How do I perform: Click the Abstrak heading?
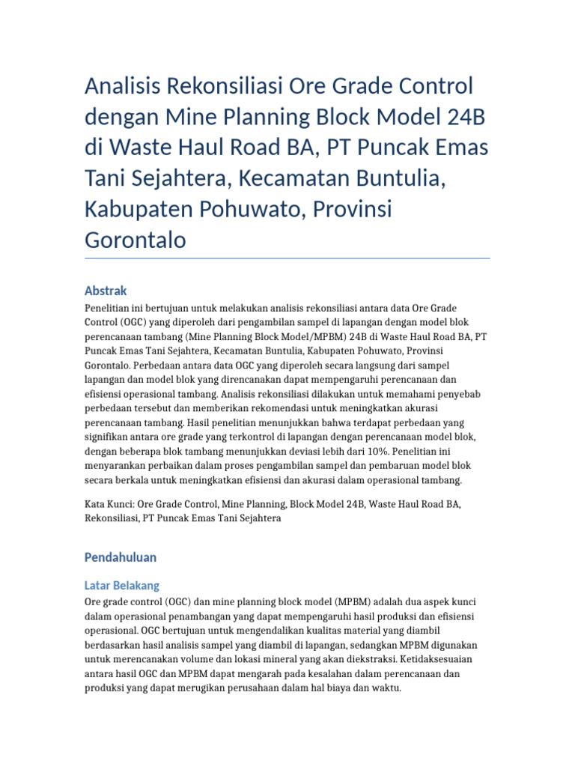(x=106, y=291)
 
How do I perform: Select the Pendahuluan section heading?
(x=121, y=557)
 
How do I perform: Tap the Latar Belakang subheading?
(x=122, y=585)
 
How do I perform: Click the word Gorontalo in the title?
(x=135, y=240)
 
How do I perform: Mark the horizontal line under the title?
(x=287, y=258)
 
